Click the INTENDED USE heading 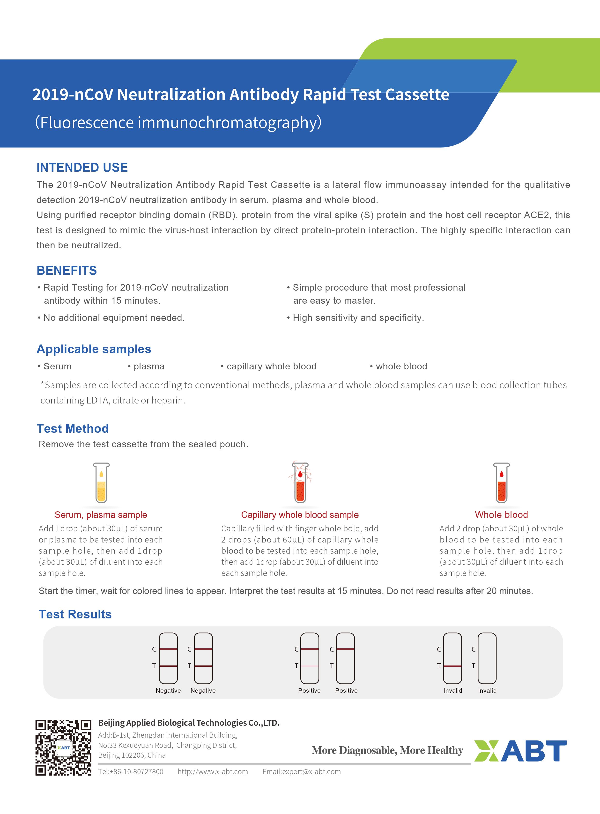(82, 167)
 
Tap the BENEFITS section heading (67, 271)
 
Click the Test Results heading (75, 614)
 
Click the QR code (63, 748)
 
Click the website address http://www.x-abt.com (213, 771)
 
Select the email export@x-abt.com (302, 771)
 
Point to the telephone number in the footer (131, 771)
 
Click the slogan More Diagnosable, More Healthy (387, 750)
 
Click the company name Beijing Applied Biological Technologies (188, 723)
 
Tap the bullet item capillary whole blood (271, 366)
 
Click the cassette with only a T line (452, 658)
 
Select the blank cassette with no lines (487, 658)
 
